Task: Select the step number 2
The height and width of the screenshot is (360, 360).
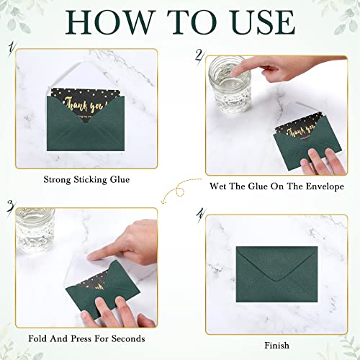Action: click(x=198, y=55)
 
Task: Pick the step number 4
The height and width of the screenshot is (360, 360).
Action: click(x=200, y=213)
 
